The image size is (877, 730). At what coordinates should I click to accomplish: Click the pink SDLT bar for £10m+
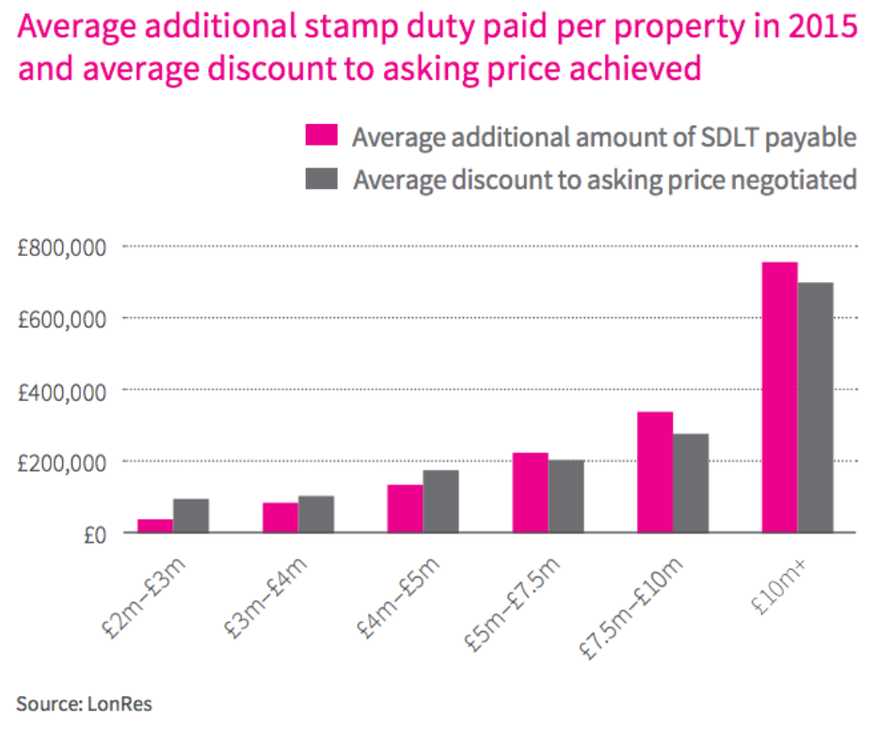pos(779,397)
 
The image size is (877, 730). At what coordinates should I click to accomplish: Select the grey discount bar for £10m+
pos(816,407)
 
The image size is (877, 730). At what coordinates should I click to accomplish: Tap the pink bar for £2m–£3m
pos(155,526)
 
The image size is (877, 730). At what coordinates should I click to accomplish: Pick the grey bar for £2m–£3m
pos(191,516)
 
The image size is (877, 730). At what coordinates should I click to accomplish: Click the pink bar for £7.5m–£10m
pos(655,472)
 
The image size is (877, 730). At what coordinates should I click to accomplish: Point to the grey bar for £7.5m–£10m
pos(691,483)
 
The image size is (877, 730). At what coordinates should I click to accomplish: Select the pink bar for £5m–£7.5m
pos(530,493)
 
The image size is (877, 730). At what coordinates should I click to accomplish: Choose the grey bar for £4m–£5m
pos(440,501)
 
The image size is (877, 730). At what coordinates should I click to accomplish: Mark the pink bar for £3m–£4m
pos(280,517)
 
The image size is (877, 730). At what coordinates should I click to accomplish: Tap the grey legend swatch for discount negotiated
pos(322,178)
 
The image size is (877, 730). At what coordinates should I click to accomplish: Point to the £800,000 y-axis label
pos(62,247)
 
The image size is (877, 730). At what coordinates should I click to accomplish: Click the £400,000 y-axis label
pos(62,390)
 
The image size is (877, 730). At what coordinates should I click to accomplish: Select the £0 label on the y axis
pos(95,533)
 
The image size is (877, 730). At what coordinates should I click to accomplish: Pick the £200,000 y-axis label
pos(62,462)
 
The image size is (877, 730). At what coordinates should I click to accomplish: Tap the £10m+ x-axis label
pos(784,583)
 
